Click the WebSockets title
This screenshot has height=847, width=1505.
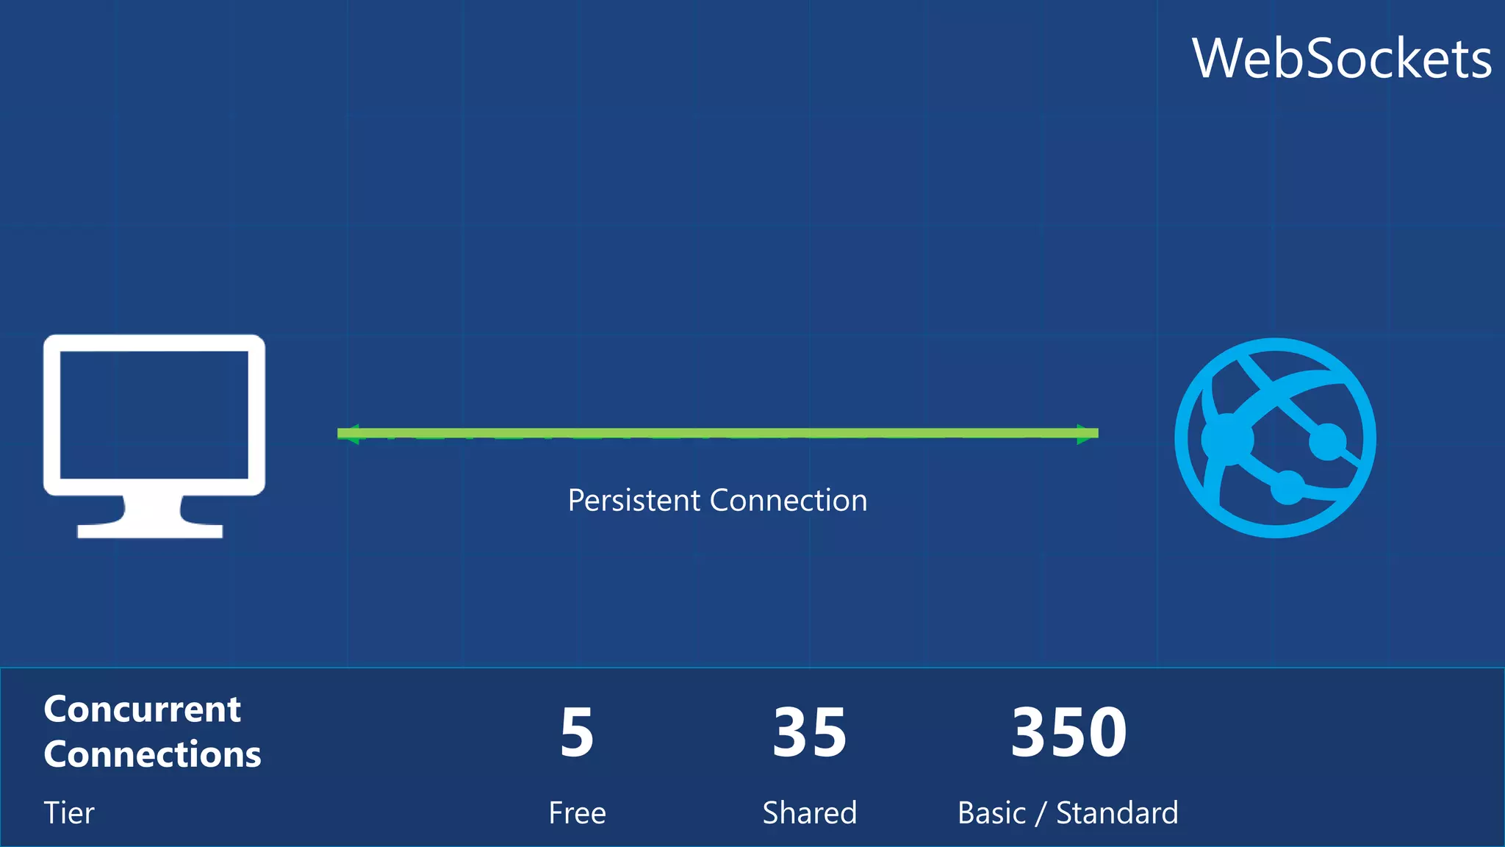point(1341,59)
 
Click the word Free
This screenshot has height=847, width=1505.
point(578,813)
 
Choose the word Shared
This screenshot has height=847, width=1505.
point(810,813)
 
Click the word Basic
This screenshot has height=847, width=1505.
point(991,813)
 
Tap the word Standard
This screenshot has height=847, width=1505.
point(1117,813)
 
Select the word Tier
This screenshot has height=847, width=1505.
point(69,813)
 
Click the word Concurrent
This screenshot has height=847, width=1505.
point(142,710)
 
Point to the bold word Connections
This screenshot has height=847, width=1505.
point(152,754)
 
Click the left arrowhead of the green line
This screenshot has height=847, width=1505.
point(348,434)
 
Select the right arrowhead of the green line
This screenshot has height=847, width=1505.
point(1088,434)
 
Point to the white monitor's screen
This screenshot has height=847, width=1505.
point(154,415)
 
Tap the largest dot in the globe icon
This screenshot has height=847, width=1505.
point(1227,439)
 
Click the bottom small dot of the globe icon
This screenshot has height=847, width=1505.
point(1287,487)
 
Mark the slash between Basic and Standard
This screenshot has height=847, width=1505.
point(1041,813)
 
